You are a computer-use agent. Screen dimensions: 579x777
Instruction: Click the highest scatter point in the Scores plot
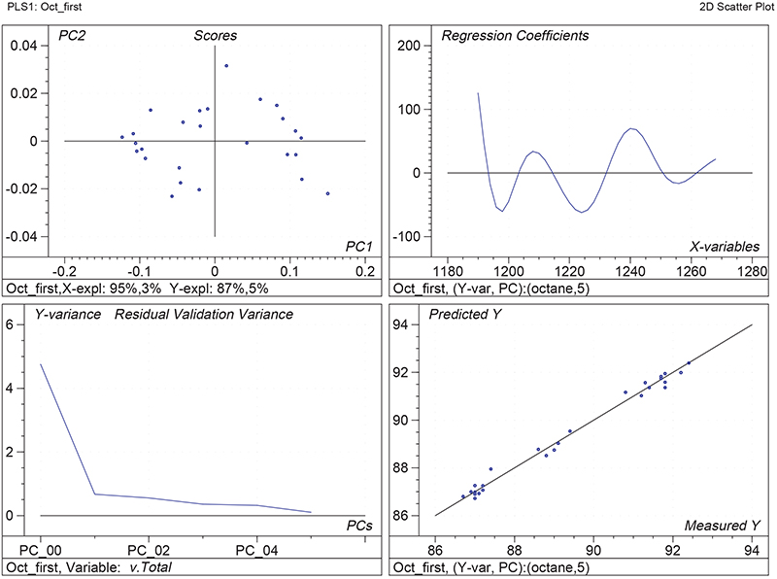pos(226,66)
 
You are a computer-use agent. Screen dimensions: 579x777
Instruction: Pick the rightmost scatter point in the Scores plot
pos(328,193)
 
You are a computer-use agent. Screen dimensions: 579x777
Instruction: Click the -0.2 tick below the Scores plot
pos(63,273)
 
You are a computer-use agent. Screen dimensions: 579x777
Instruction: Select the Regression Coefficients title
pos(515,36)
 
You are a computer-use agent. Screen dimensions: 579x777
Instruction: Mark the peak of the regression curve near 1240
pos(631,128)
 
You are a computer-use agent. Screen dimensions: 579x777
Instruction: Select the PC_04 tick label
pos(256,551)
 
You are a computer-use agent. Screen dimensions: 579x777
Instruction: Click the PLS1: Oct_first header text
pos(42,7)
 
